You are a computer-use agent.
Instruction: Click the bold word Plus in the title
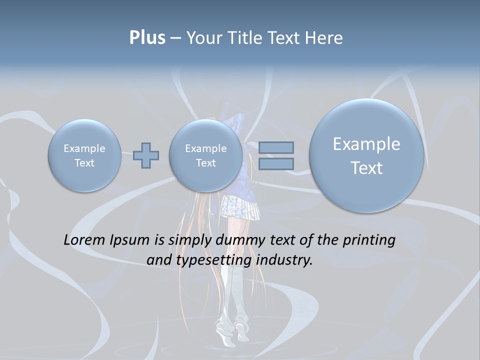147,37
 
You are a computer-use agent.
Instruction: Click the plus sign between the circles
146,155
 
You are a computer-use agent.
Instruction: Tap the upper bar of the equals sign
276,148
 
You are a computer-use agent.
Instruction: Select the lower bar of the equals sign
276,163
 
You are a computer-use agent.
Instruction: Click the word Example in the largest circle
366,144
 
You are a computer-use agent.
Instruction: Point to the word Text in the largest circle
366,168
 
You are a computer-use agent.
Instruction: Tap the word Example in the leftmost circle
84,148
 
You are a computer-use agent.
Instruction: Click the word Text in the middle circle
205,163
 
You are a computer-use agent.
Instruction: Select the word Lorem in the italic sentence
84,240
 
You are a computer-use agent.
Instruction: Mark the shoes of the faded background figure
231,335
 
